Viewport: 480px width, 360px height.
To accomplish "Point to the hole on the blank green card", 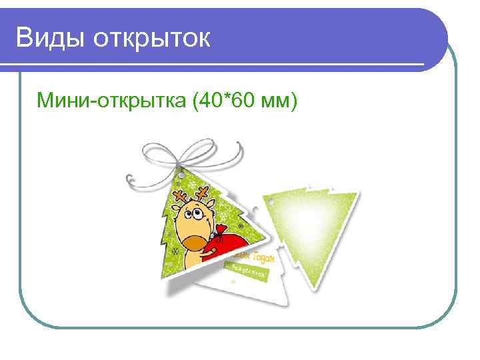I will (271, 200).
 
